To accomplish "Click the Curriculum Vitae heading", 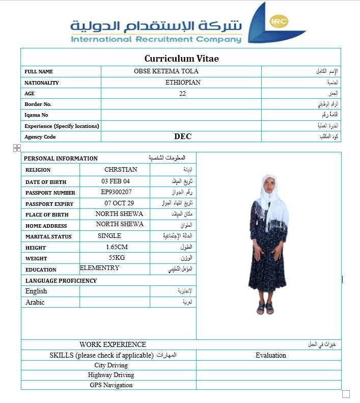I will coord(181,59).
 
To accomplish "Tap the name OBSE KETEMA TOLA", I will coord(166,71).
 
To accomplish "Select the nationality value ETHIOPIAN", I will coord(183,83).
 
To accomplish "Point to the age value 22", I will coord(183,94).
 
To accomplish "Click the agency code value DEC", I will coord(183,137).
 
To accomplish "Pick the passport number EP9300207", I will coord(117,192).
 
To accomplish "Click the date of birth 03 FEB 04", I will coord(116,181).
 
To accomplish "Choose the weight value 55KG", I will coord(117,258).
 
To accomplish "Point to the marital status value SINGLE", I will coord(109,236).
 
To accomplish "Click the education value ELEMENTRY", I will coord(100,268).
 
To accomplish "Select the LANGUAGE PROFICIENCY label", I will coord(61,281).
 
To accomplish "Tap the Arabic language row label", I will coord(35,303).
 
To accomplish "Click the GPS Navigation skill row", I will coord(111,385).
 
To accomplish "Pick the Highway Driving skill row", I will coord(111,375).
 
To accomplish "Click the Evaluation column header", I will coord(271,356).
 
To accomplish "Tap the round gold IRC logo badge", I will coord(279,21).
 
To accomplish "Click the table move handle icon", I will coord(17,148).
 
